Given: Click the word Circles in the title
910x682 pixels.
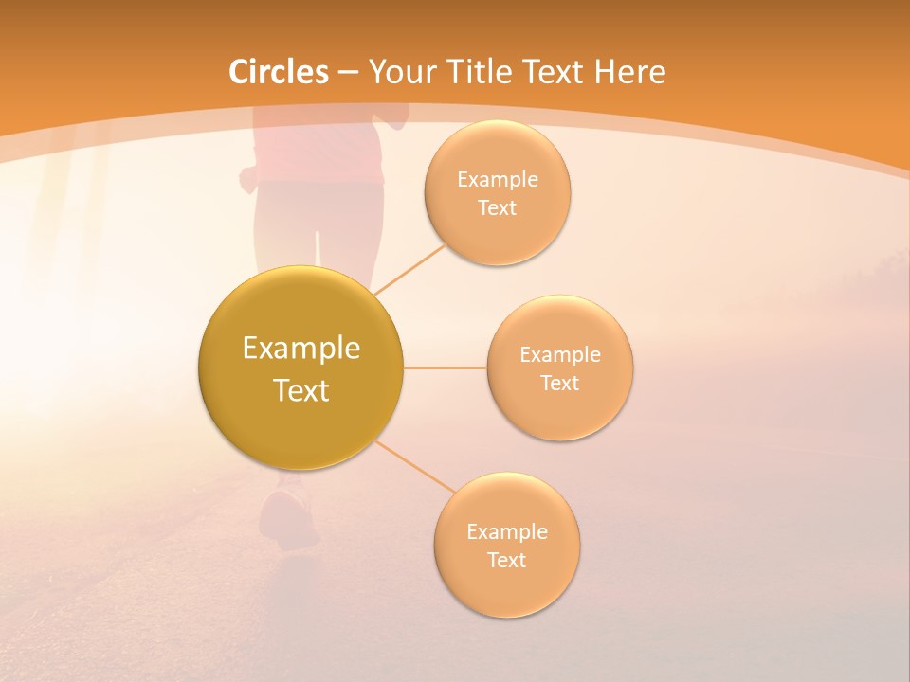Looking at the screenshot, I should [x=278, y=72].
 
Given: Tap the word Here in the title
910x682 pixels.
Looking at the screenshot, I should [x=629, y=72].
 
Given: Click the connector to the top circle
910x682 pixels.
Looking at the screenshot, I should [x=409, y=268].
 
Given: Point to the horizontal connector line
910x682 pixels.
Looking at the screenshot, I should [x=445, y=368].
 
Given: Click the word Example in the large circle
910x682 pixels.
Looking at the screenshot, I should [x=300, y=349].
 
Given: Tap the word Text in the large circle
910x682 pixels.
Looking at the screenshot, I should [x=300, y=390].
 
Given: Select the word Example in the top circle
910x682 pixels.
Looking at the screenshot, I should [x=497, y=180].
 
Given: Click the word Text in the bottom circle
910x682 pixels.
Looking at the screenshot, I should [x=506, y=560].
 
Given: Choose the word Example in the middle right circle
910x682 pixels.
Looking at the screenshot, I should [x=559, y=355].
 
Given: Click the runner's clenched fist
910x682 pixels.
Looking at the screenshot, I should [x=249, y=178].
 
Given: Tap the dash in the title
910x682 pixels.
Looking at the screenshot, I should [x=347, y=73].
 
